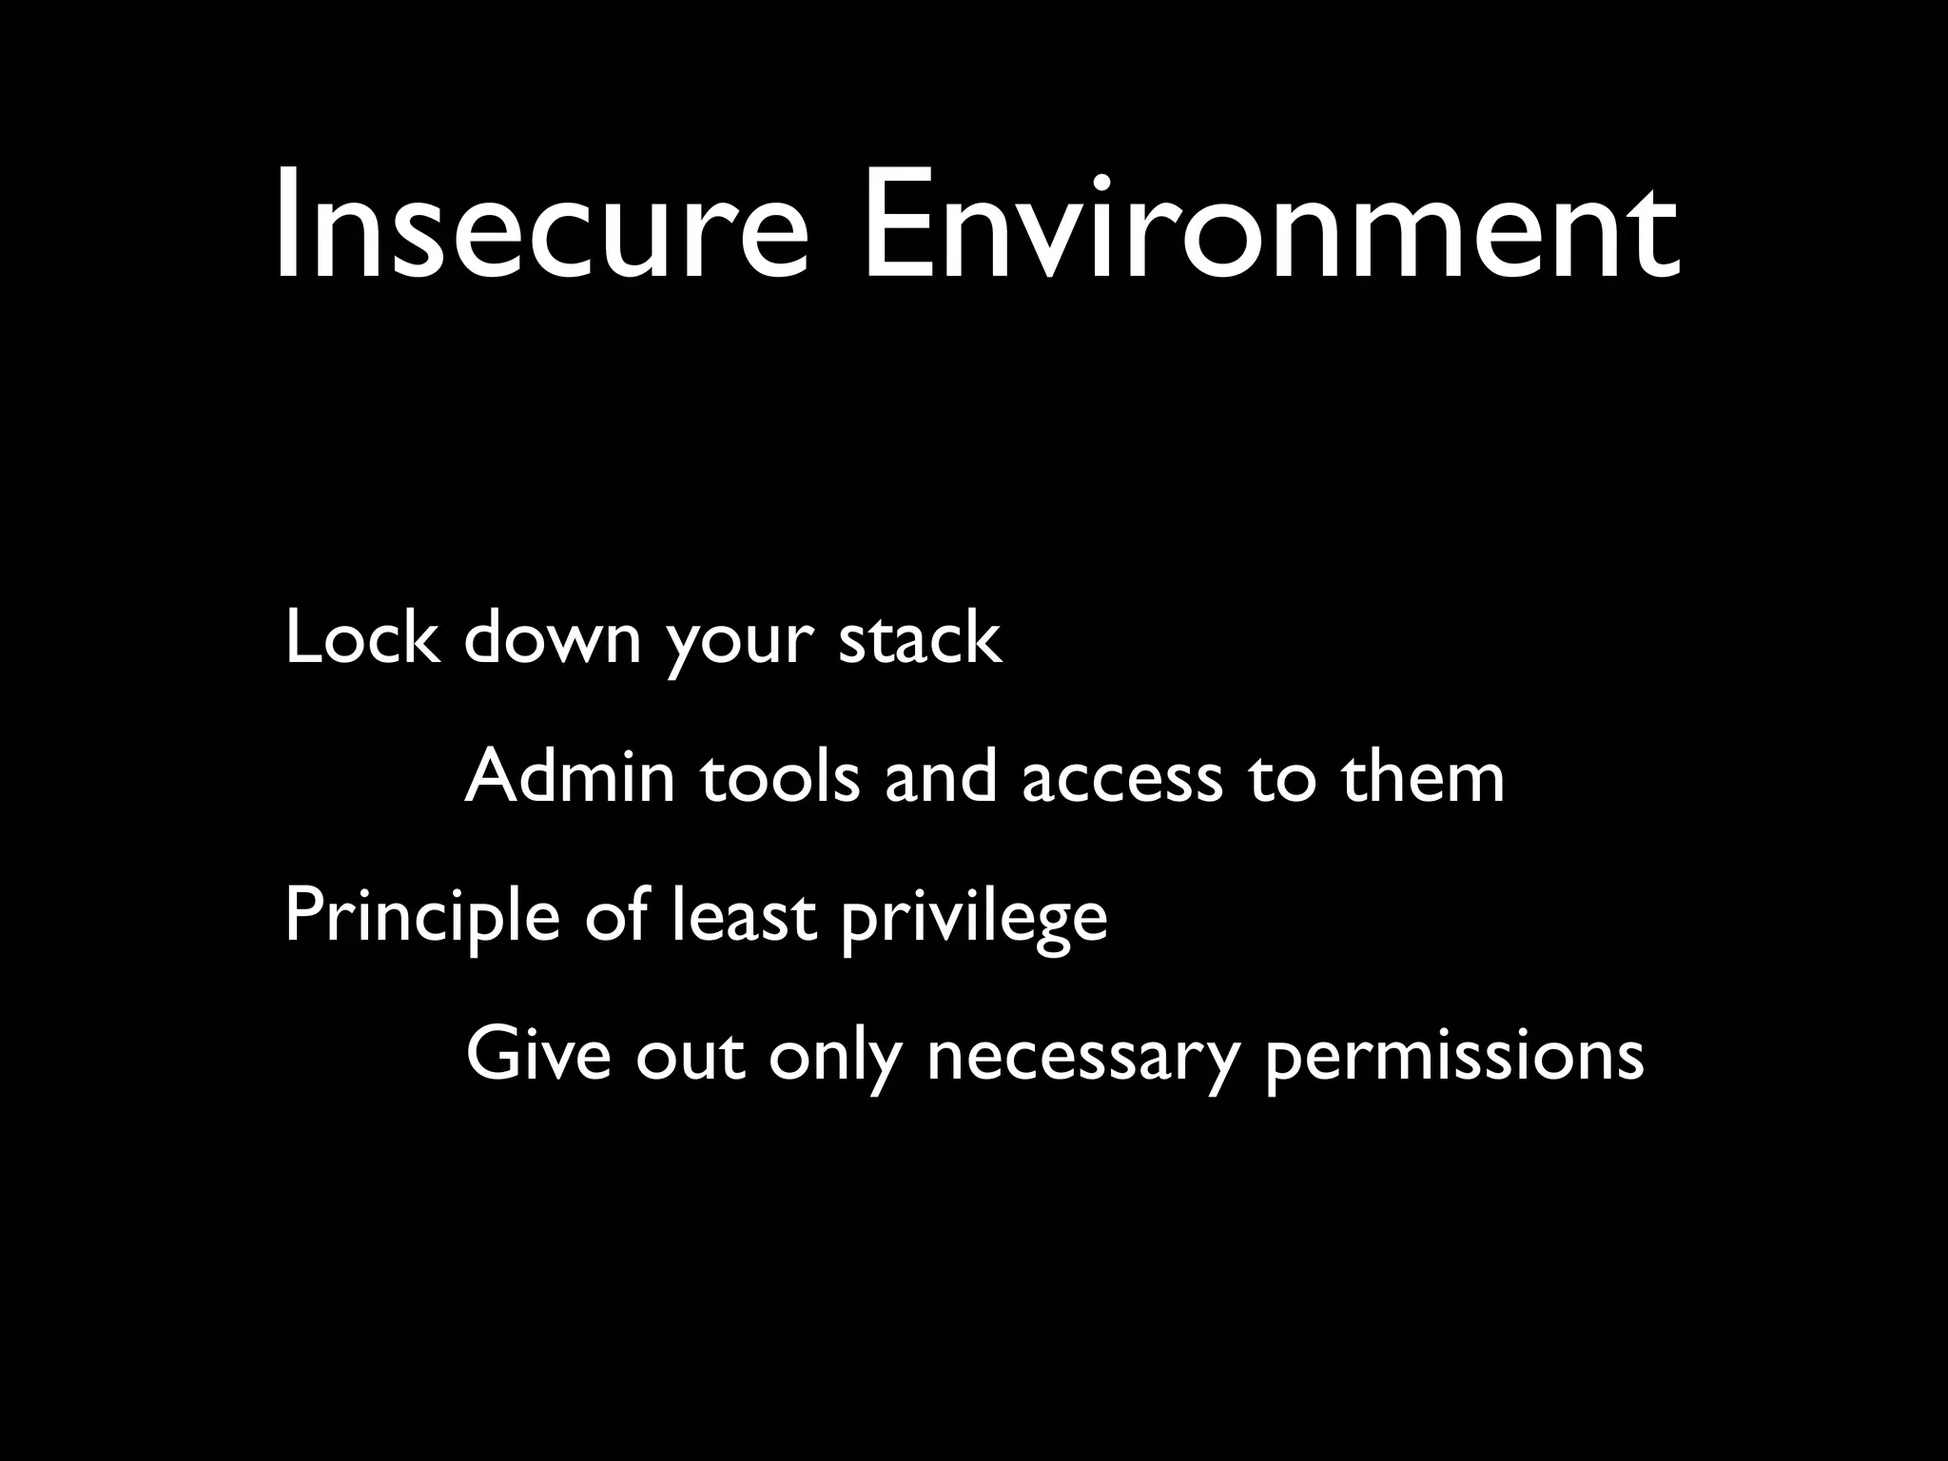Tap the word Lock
click(361, 637)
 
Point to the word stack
click(920, 637)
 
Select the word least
click(744, 916)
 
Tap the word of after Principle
click(615, 916)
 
